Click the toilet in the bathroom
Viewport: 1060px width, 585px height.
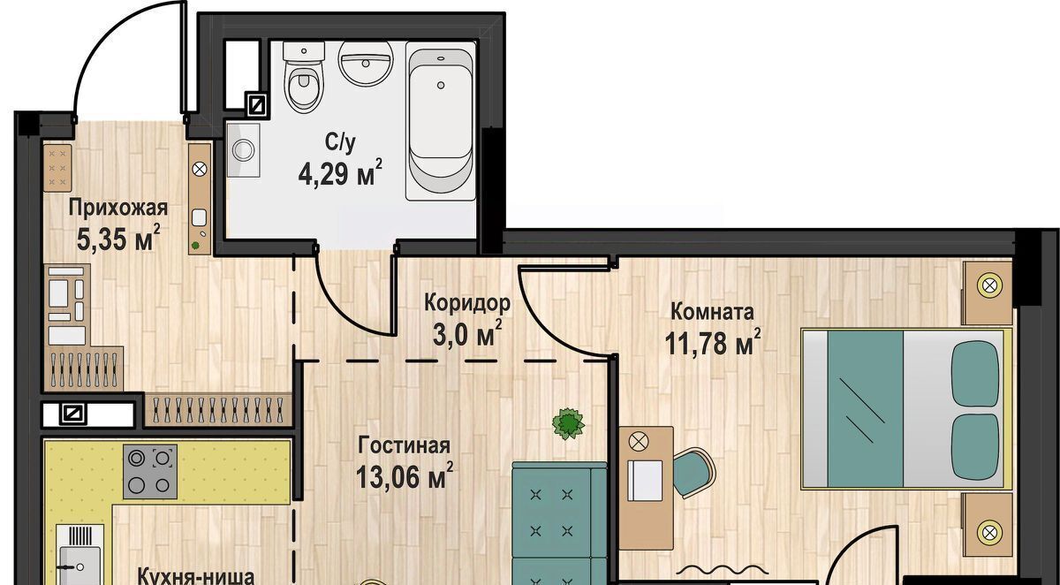[304, 78]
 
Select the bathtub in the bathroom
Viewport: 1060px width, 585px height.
[440, 121]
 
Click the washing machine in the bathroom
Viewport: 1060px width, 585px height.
[243, 150]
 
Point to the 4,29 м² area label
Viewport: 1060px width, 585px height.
[340, 173]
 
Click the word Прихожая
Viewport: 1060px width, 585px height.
[118, 208]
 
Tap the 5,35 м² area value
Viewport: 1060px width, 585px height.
[118, 238]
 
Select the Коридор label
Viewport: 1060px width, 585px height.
[467, 303]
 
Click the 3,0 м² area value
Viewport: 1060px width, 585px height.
[467, 334]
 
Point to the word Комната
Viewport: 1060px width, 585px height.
[712, 312]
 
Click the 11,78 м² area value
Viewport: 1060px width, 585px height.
[713, 342]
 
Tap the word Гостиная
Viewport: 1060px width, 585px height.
[405, 446]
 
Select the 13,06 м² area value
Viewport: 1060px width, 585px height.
[405, 476]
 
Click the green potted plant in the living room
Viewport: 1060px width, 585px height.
[568, 424]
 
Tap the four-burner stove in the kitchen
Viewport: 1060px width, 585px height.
[150, 471]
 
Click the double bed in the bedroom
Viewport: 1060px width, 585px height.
[906, 409]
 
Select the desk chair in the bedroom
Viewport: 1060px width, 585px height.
[693, 473]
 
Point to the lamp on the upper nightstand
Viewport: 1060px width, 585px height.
[989, 285]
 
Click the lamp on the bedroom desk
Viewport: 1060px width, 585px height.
[639, 442]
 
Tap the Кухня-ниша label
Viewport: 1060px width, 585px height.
[196, 576]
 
